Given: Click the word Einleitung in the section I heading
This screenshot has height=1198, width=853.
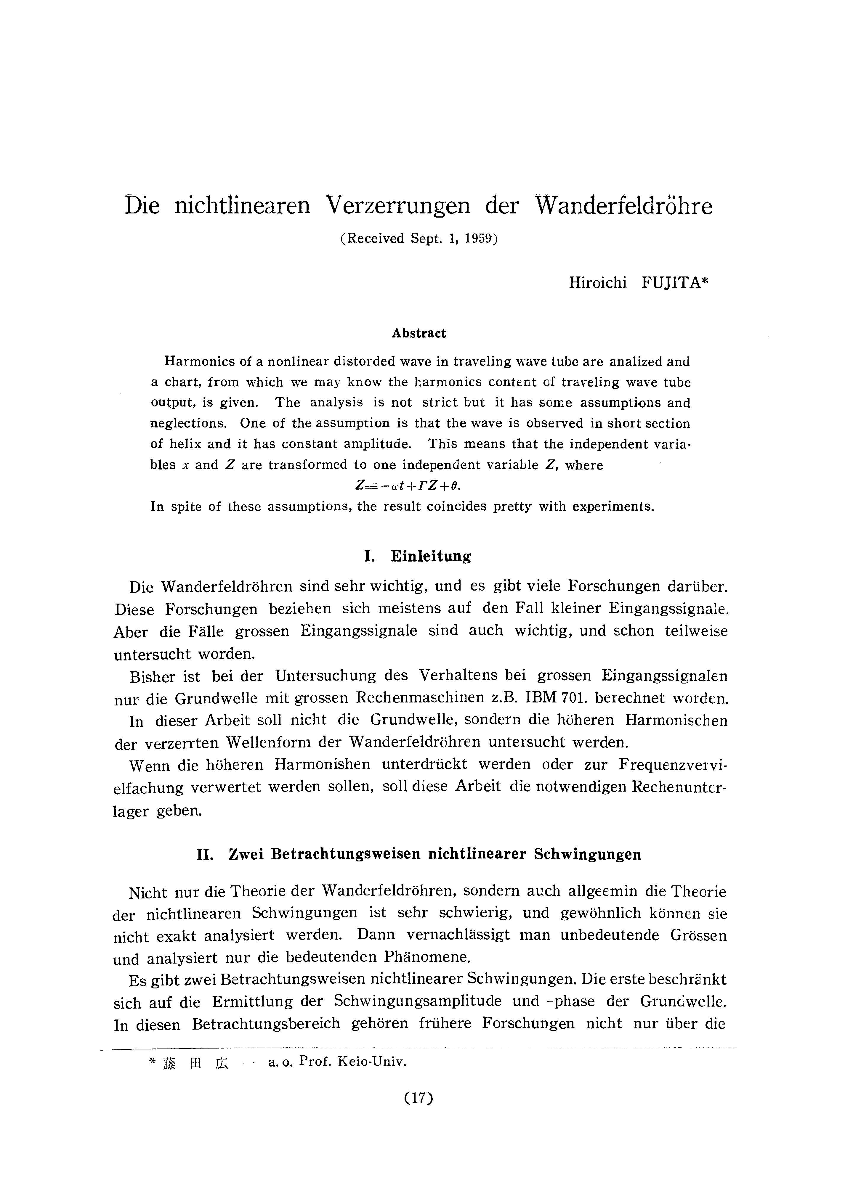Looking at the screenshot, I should (x=431, y=557).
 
